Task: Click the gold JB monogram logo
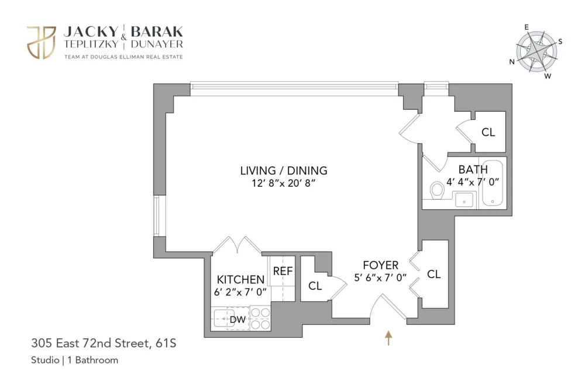pyautogui.click(x=41, y=43)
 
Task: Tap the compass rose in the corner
pyautogui.click(x=536, y=52)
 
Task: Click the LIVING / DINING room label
pyautogui.click(x=284, y=171)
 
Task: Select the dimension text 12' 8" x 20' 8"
pyautogui.click(x=284, y=183)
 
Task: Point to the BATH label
pyautogui.click(x=473, y=169)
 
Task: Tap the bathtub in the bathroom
pyautogui.click(x=493, y=183)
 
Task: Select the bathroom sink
pyautogui.click(x=464, y=200)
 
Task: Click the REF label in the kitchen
pyautogui.click(x=283, y=271)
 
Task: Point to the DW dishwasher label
pyautogui.click(x=238, y=319)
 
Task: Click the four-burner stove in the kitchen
pyautogui.click(x=260, y=318)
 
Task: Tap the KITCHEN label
pyautogui.click(x=240, y=279)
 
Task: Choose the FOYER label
pyautogui.click(x=381, y=265)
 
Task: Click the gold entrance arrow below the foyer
pyautogui.click(x=388, y=338)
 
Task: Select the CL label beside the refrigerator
pyautogui.click(x=315, y=286)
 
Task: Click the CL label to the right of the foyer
pyautogui.click(x=434, y=275)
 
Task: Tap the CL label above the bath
pyautogui.click(x=488, y=132)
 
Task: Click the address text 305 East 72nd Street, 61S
pyautogui.click(x=104, y=343)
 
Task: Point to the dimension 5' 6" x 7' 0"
pyautogui.click(x=380, y=278)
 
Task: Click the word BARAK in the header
pyautogui.click(x=157, y=32)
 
